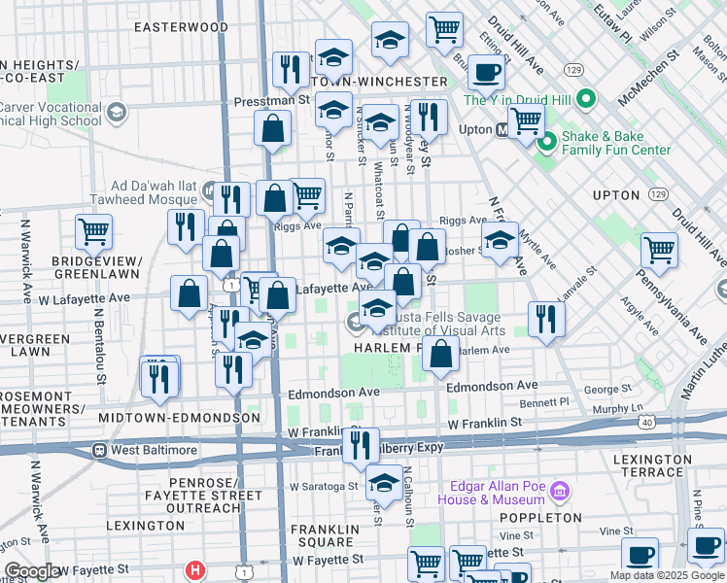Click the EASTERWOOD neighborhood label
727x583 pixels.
(181, 27)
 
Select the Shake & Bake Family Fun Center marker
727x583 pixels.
(546, 143)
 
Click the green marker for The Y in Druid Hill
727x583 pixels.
(585, 99)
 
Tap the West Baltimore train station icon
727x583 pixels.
(99, 451)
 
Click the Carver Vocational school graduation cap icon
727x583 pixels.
(117, 114)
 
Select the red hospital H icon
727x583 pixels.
(196, 569)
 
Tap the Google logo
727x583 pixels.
(32, 571)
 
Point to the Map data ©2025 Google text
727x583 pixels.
(667, 575)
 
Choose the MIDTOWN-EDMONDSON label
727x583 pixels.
(179, 418)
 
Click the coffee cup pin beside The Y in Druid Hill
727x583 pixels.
(486, 71)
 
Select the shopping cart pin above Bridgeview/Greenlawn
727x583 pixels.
(94, 231)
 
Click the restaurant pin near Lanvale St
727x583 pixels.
(546, 319)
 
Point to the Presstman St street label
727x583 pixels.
(271, 100)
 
